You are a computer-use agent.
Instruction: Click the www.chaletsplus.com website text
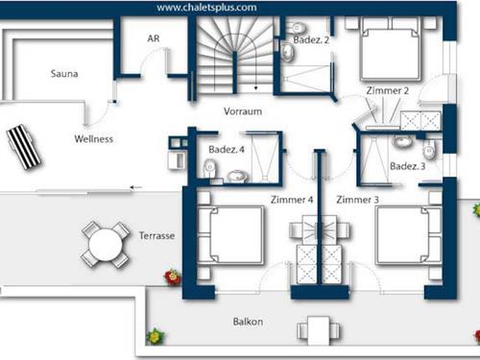tap(206, 7)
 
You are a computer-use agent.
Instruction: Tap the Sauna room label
tap(64, 73)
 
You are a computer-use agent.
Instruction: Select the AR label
tap(153, 38)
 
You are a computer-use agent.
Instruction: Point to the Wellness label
tap(93, 139)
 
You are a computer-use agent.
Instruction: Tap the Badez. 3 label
tap(408, 167)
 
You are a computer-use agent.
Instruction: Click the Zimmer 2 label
tap(388, 91)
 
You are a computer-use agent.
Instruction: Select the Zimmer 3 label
tap(357, 200)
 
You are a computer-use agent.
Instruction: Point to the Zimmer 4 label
tap(292, 200)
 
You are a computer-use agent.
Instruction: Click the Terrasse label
tap(157, 236)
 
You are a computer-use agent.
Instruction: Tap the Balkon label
tap(249, 322)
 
